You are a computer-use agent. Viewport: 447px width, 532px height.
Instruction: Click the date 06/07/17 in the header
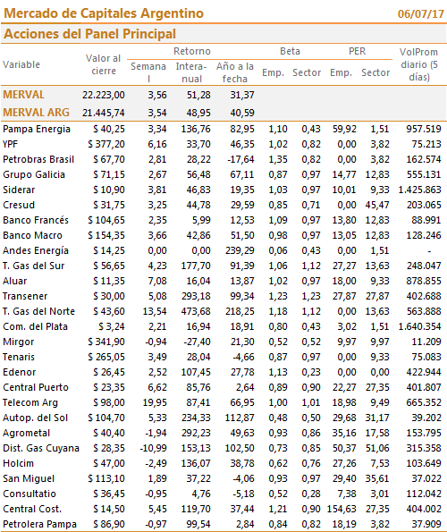[420, 14]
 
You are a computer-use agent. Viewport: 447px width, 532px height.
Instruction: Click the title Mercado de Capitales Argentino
[104, 13]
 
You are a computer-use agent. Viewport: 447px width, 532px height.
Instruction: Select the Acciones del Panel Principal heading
[90, 34]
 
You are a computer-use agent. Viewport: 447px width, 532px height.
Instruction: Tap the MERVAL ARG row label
[37, 113]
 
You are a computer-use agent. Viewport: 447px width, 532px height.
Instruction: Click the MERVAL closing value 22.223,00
[104, 95]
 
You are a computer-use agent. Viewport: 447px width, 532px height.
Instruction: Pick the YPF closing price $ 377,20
[106, 144]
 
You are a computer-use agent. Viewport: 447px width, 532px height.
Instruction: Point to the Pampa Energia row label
[37, 130]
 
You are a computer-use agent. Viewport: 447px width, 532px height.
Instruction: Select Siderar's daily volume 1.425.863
[420, 190]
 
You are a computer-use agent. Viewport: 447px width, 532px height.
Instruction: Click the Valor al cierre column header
[104, 64]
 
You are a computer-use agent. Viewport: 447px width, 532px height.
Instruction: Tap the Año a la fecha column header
[235, 72]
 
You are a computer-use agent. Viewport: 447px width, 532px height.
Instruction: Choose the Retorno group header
[192, 51]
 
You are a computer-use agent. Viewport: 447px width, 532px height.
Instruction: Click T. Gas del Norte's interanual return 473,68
[196, 311]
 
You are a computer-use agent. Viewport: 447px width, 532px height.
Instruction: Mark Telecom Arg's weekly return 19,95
[155, 402]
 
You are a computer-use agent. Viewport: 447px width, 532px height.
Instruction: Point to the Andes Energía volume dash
[429, 251]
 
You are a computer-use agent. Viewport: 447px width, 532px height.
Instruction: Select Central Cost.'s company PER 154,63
[342, 509]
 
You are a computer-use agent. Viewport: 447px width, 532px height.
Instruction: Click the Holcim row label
[18, 463]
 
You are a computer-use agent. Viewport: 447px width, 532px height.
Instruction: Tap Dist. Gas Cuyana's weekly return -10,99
[153, 448]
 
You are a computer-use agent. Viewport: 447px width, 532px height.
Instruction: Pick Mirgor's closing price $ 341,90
[106, 342]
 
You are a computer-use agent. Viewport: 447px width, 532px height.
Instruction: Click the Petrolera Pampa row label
[39, 524]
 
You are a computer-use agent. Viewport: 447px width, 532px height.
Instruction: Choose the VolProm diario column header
[419, 64]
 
